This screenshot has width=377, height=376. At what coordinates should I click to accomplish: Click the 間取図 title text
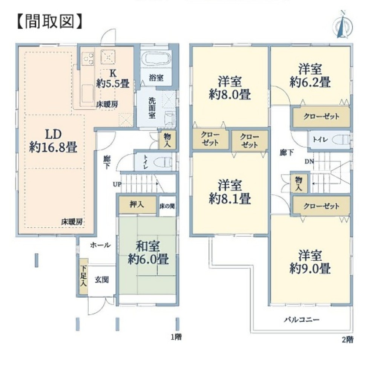pyautogui.click(x=50, y=21)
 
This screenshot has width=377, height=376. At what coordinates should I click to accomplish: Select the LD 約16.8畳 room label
pyautogui.click(x=53, y=141)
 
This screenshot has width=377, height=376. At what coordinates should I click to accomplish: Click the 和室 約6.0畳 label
pyautogui.click(x=148, y=253)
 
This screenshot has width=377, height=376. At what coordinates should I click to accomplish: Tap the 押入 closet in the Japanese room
pyautogui.click(x=137, y=205)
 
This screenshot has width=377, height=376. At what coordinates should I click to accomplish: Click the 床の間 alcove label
pyautogui.click(x=167, y=206)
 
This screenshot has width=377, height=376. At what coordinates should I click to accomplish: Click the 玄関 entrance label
pyautogui.click(x=102, y=280)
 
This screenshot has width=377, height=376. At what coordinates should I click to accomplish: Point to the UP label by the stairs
pyautogui.click(x=117, y=184)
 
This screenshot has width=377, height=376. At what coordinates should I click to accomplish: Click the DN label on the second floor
pyautogui.click(x=310, y=162)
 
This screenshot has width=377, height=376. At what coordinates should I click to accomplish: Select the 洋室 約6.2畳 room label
pyautogui.click(x=310, y=75)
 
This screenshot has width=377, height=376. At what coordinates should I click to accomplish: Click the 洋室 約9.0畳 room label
pyautogui.click(x=310, y=262)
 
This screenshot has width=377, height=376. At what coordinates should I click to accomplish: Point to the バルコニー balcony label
pyautogui.click(x=302, y=319)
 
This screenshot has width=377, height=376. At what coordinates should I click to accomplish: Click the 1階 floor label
pyautogui.click(x=176, y=337)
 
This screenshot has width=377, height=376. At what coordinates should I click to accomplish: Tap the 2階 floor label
pyautogui.click(x=348, y=340)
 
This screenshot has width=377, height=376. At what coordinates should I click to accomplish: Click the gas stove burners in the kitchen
pyautogui.click(x=88, y=58)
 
